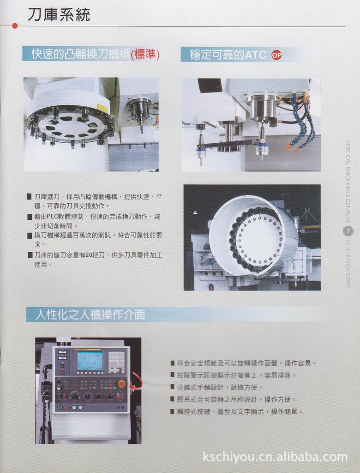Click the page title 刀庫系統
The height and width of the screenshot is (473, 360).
tap(59, 15)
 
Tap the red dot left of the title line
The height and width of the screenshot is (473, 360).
tap(15, 26)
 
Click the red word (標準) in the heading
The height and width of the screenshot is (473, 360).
tap(145, 55)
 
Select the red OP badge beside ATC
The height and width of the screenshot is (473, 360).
tap(276, 55)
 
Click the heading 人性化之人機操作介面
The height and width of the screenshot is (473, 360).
tap(90, 315)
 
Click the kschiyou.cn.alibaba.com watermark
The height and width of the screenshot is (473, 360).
tap(275, 457)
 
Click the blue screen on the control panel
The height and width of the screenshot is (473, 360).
tap(90, 360)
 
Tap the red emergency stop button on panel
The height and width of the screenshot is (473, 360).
tap(121, 383)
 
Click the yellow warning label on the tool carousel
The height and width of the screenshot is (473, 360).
tap(102, 108)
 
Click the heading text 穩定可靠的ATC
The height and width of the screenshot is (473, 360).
tap(228, 55)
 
